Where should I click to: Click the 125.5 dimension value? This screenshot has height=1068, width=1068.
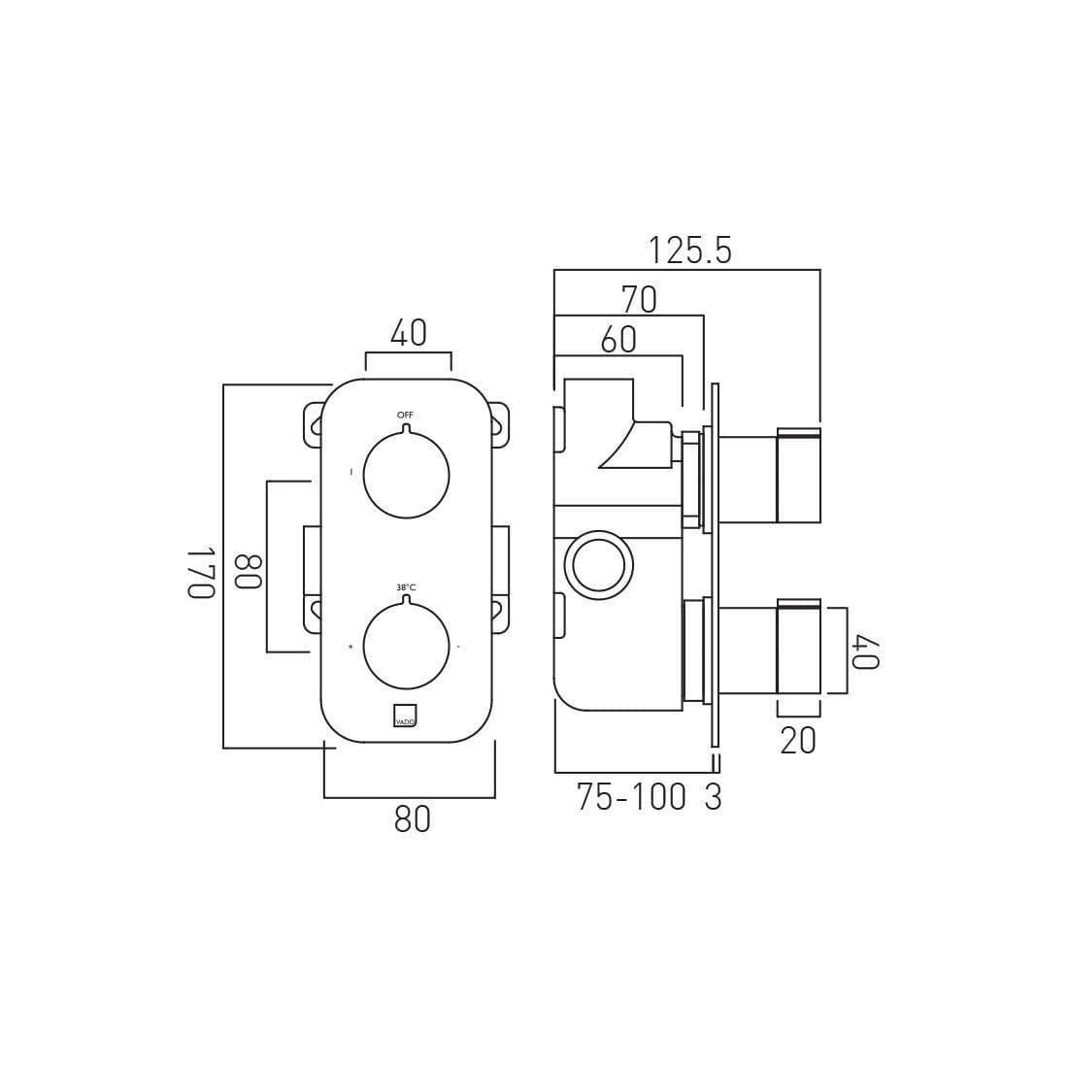pos(689,250)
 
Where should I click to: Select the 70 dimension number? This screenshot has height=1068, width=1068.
pos(639,299)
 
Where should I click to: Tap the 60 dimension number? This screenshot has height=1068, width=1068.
pos(618,340)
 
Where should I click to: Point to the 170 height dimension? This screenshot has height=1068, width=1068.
pos(200,572)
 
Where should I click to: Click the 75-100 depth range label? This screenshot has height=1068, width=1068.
pos(631,797)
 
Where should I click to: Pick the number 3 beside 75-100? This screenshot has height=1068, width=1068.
pos(714,797)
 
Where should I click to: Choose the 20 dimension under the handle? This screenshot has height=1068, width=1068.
pos(798,741)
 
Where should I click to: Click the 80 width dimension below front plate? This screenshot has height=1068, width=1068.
pos(412,819)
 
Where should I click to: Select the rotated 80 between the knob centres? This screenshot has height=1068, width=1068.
pos(249,571)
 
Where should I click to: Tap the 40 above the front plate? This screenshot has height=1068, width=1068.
pos(408,333)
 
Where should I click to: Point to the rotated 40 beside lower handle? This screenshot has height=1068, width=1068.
pos(866,651)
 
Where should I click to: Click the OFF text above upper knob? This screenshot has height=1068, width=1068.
pos(405,415)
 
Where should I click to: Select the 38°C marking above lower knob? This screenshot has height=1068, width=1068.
pos(406,587)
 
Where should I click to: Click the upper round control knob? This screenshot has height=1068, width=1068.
pos(406,476)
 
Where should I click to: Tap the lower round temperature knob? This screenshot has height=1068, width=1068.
pos(406,647)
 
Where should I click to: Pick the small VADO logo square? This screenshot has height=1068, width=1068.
pos(405,716)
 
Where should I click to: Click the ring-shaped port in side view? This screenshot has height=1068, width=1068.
pos(598,565)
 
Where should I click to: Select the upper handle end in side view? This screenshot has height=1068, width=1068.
pos(798,476)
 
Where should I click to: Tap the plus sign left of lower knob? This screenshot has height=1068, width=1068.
pos(350,647)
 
